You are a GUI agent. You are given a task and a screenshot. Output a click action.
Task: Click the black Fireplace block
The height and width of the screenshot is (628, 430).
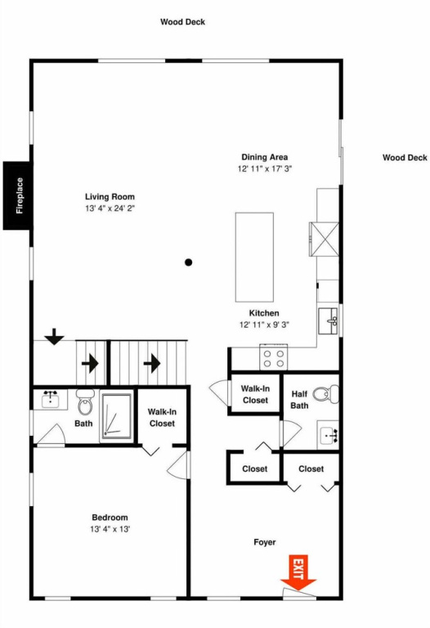click(x=17, y=195)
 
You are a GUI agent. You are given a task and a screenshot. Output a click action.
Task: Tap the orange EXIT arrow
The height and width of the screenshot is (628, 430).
click(x=298, y=572)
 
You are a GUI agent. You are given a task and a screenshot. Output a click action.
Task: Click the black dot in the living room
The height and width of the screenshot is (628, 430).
click(x=189, y=262)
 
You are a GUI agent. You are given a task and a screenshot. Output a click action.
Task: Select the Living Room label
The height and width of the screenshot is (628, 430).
click(x=110, y=196)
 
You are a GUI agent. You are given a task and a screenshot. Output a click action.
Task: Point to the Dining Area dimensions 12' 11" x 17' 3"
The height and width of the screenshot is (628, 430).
click(x=265, y=168)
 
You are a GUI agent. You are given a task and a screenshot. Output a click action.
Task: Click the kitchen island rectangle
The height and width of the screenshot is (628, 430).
click(x=254, y=257)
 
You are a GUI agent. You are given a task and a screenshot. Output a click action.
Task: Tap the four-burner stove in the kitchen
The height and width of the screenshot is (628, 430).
click(x=274, y=357)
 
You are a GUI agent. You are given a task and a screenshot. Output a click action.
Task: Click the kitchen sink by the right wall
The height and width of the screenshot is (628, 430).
click(x=329, y=321)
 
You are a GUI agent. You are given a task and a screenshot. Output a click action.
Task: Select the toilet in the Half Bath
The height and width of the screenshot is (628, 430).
click(x=325, y=394)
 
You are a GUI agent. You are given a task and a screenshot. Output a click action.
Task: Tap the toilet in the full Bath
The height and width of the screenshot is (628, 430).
click(x=85, y=402)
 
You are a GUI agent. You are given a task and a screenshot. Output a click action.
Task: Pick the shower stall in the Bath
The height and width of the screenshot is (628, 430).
click(x=117, y=417)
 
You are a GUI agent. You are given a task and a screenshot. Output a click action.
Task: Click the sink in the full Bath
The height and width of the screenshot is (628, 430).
click(x=50, y=399)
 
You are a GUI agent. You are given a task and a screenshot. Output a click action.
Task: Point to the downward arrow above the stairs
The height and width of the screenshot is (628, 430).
click(x=55, y=336)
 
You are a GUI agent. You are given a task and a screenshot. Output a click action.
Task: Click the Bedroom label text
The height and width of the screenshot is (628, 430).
click(x=110, y=518)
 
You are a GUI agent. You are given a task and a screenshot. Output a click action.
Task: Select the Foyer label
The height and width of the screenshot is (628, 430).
click(x=265, y=542)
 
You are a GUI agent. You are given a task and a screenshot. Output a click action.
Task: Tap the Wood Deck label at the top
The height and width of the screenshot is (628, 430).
click(x=182, y=22)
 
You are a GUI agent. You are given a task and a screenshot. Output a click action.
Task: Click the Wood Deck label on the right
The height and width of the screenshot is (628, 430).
click(x=405, y=157)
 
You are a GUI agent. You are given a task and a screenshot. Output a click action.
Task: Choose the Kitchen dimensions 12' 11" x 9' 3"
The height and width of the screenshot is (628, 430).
click(x=264, y=325)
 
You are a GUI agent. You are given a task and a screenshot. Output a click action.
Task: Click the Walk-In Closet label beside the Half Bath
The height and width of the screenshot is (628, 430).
click(x=255, y=394)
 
